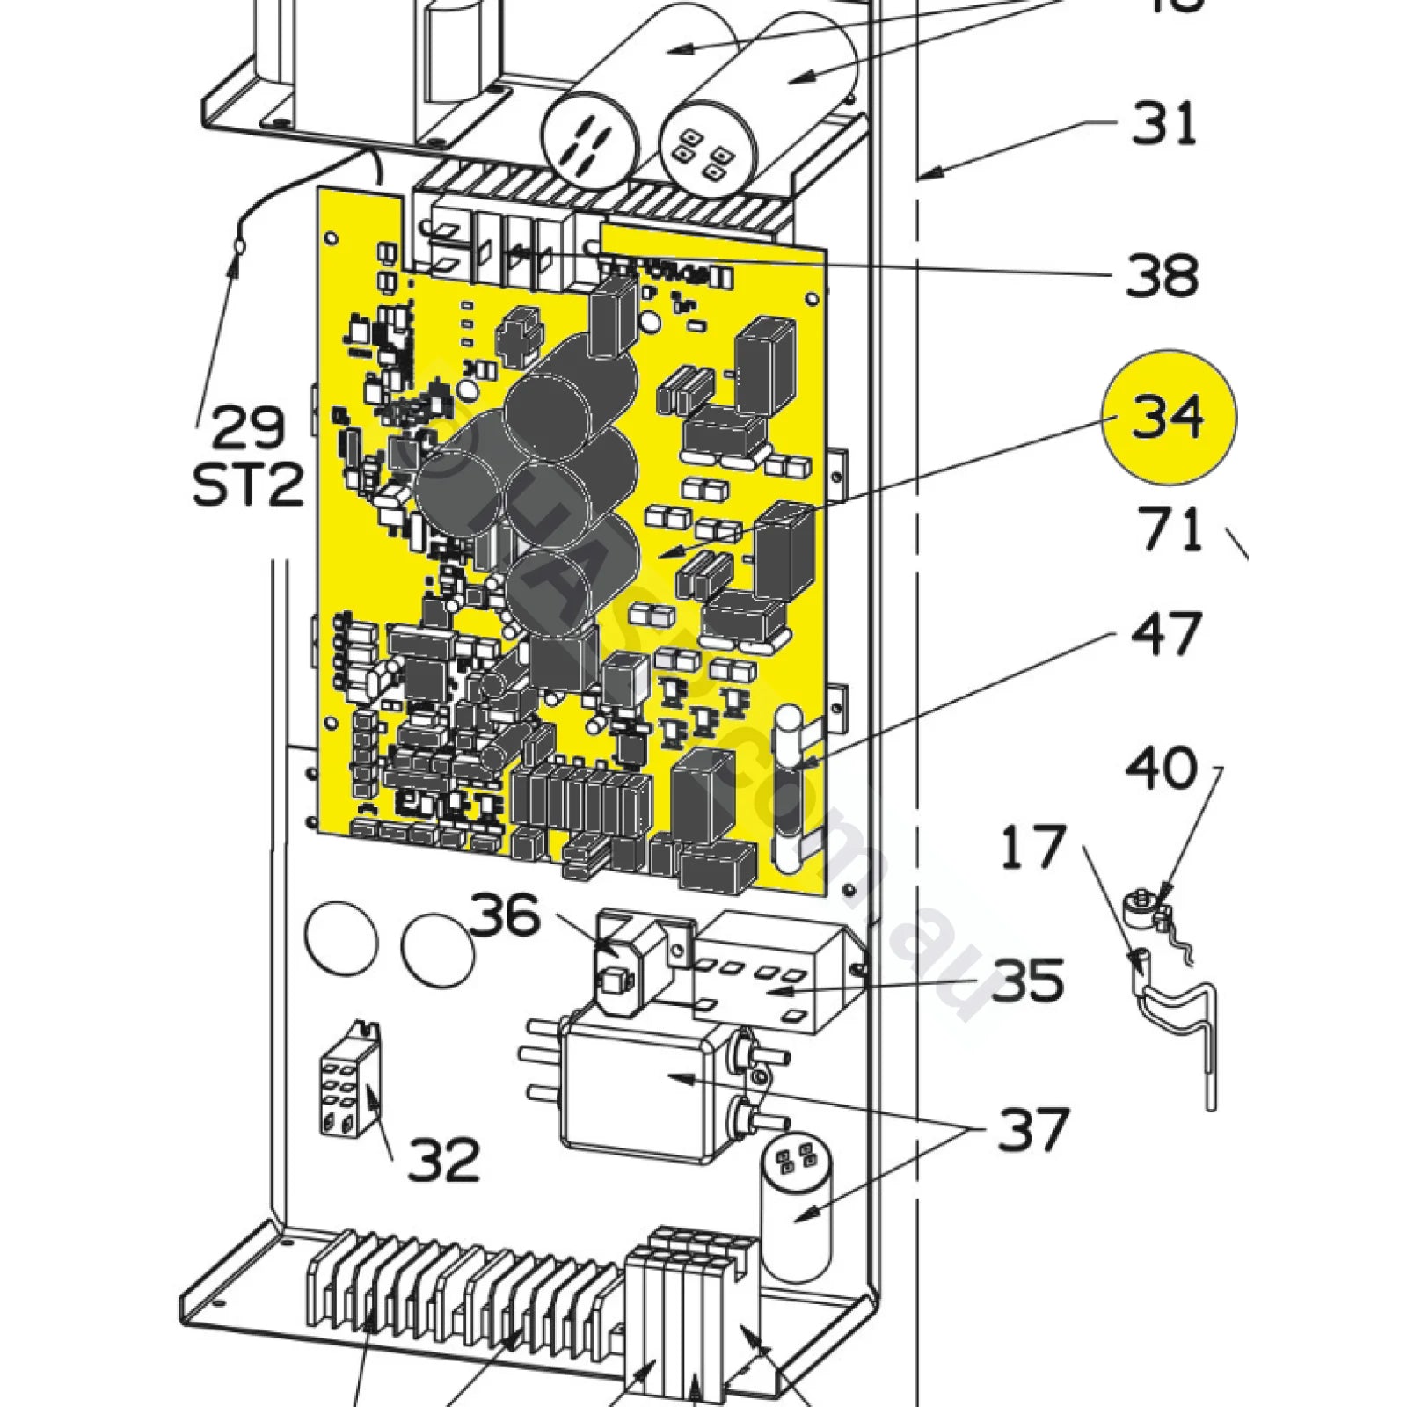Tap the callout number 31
[1163, 123]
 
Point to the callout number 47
[1163, 633]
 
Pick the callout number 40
[1161, 769]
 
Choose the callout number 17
[1032, 846]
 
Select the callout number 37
[1032, 1128]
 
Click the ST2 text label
[248, 484]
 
